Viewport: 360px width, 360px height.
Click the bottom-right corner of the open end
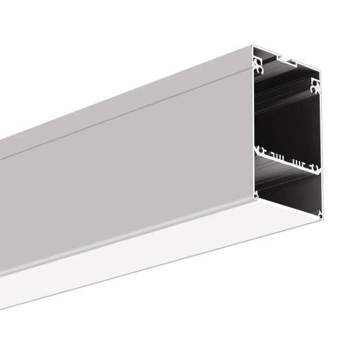tap(320, 216)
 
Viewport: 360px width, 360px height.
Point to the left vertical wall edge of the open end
tap(254, 130)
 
